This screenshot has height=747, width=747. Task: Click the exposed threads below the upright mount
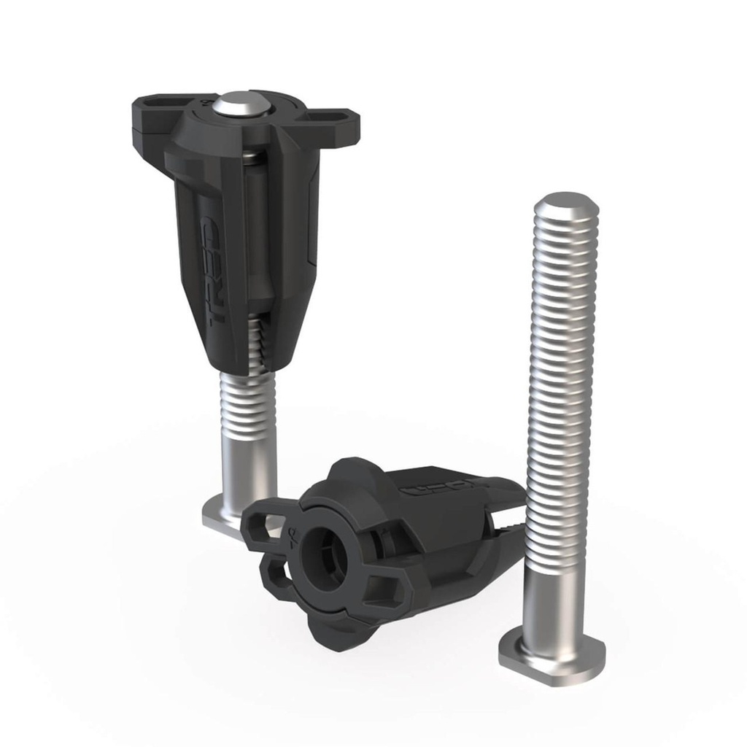coord(248,406)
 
